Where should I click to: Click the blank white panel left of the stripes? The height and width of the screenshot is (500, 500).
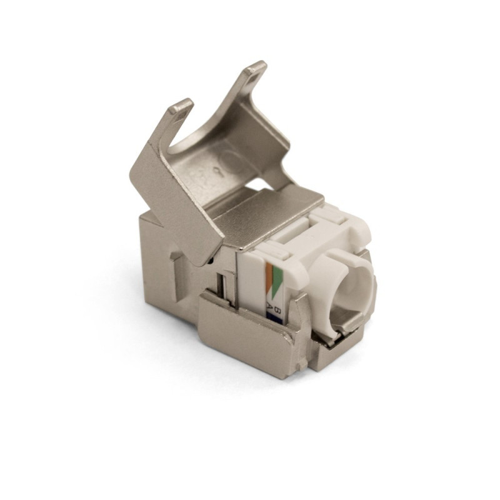coord(256,284)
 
